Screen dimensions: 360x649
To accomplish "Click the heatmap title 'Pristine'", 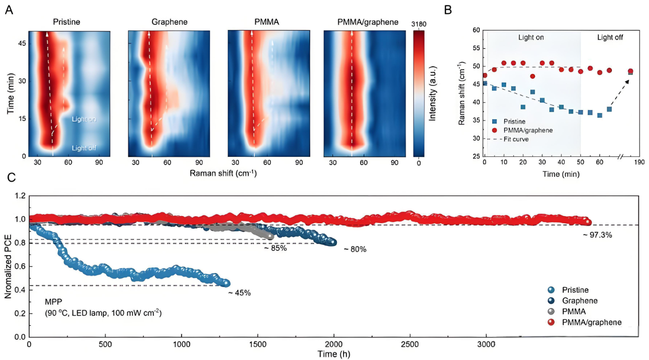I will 67,22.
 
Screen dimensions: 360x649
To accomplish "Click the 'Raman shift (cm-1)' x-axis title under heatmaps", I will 223,173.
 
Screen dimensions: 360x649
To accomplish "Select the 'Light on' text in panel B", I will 530,37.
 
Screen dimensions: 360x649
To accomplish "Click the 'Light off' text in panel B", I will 610,37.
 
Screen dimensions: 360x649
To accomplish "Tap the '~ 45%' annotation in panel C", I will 239,293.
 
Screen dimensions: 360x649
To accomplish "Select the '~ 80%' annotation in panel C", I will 355,249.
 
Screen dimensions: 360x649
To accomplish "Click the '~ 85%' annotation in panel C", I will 275,248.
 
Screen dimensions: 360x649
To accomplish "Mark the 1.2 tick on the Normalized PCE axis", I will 20,196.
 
